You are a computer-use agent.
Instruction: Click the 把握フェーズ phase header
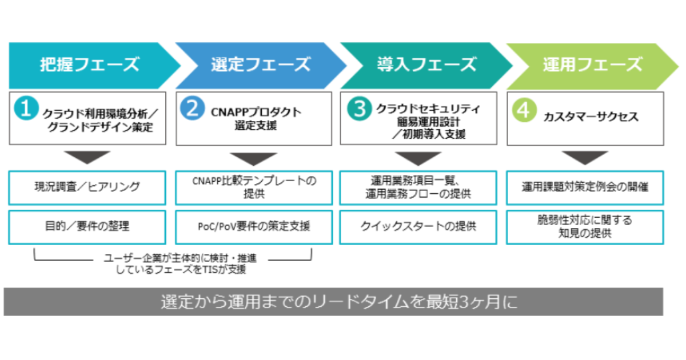89,65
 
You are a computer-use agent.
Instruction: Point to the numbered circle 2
192,109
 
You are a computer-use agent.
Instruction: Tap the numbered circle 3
358,109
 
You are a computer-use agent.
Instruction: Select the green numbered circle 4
524,109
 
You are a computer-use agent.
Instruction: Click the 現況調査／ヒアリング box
87,187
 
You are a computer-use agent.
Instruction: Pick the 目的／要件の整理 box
87,227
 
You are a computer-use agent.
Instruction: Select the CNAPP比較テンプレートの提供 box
253,187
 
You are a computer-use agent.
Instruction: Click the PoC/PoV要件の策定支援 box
253,227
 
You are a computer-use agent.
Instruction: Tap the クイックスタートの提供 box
419,227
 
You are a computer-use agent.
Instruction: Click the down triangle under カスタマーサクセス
584,157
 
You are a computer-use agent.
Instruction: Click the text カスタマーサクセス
591,117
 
